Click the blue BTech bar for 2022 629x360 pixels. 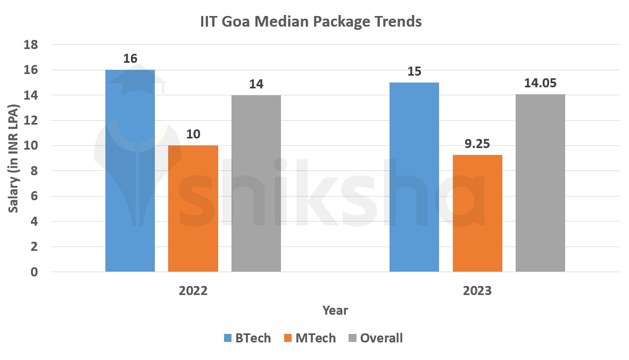click(x=130, y=170)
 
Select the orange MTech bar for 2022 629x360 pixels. click(x=193, y=208)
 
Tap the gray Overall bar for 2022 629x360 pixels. click(x=256, y=183)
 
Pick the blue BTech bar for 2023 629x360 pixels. click(x=414, y=177)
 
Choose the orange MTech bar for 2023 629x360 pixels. click(x=477, y=213)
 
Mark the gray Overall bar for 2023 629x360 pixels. click(x=540, y=183)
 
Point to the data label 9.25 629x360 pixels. click(x=477, y=143)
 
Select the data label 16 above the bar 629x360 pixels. click(x=130, y=59)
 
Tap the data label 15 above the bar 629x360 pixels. click(x=414, y=71)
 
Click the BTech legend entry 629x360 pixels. click(x=247, y=338)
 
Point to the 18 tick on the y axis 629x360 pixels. click(x=31, y=45)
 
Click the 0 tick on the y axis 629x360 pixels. click(x=35, y=272)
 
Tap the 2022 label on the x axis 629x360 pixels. click(x=193, y=291)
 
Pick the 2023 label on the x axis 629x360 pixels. click(x=477, y=291)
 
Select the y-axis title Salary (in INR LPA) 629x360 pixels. click(x=13, y=158)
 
